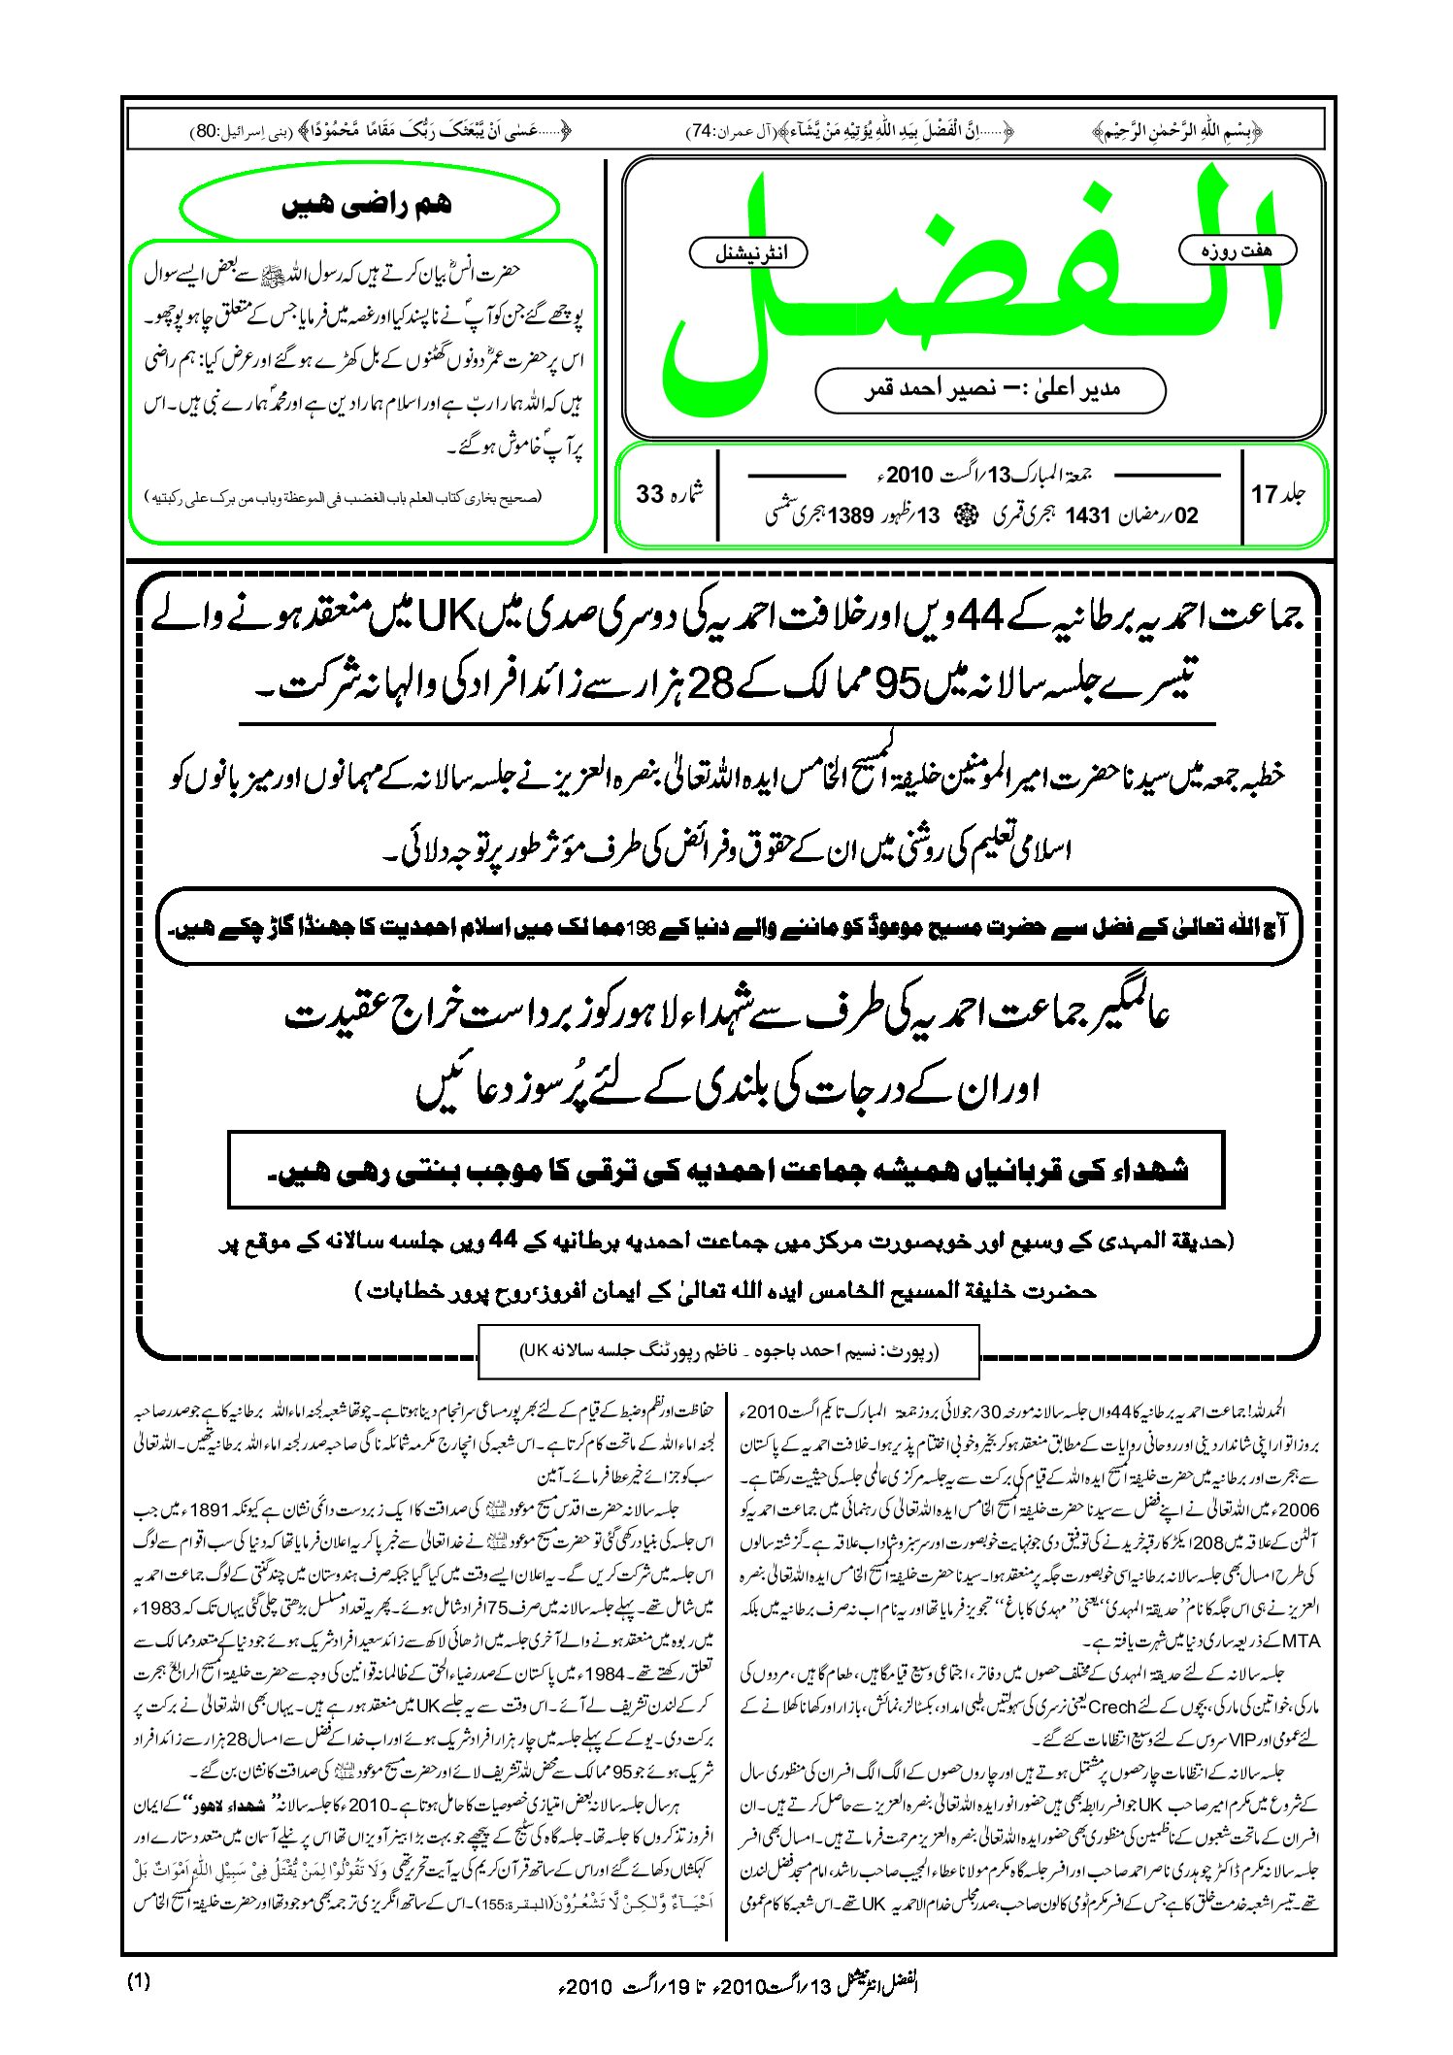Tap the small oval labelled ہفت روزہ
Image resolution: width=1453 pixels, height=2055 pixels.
(1237, 250)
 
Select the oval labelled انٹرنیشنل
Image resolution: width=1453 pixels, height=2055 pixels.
(747, 253)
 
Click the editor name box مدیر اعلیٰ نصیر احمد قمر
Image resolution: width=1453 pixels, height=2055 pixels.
(990, 389)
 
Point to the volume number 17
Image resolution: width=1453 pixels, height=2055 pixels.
(1264, 495)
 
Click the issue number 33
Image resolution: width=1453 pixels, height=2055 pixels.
(649, 495)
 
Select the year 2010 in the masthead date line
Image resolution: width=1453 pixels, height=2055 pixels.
(908, 475)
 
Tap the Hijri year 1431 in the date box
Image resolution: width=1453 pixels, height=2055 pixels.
(1086, 516)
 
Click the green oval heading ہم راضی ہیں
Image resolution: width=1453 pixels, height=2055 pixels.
(369, 206)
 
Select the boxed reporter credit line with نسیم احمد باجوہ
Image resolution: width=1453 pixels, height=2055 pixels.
(728, 1350)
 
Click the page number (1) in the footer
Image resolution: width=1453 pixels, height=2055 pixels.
(139, 1982)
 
